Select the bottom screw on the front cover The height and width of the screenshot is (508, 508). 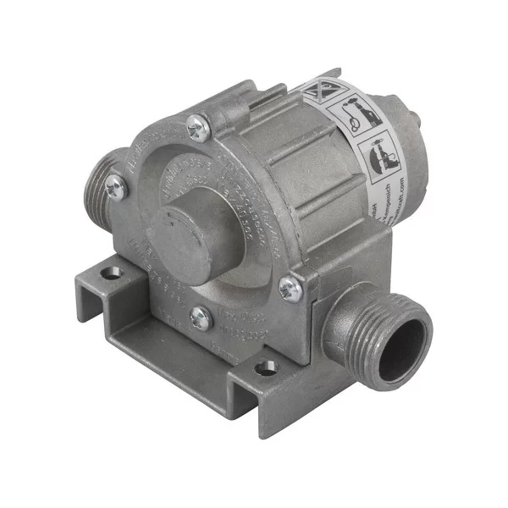point(201,318)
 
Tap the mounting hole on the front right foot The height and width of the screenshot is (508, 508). point(265,367)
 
